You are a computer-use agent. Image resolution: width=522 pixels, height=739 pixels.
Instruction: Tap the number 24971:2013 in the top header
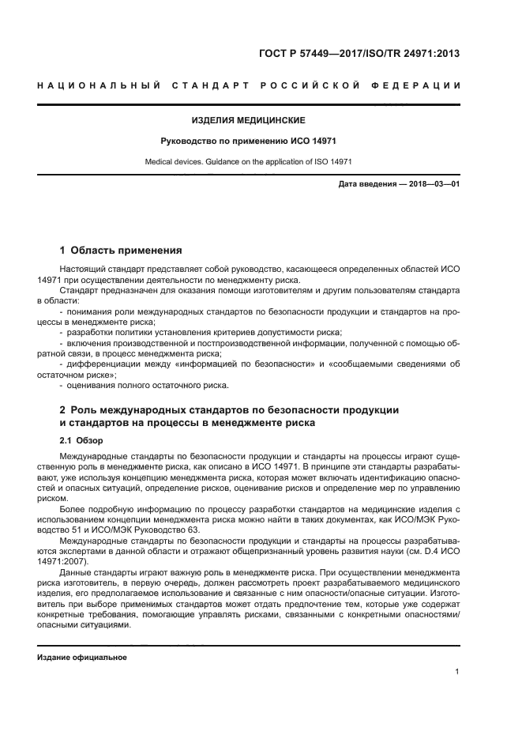coord(428,54)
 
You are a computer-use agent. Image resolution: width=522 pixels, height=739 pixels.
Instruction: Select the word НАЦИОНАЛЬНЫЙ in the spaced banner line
coord(95,85)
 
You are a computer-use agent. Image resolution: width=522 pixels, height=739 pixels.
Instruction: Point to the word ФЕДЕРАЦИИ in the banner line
coord(423,85)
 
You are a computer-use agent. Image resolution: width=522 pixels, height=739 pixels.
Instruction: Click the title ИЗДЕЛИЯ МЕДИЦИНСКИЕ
coord(248,121)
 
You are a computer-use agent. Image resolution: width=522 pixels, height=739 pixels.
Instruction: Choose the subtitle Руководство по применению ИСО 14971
coord(248,142)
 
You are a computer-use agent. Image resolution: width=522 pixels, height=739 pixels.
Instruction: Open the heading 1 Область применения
coord(121,251)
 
